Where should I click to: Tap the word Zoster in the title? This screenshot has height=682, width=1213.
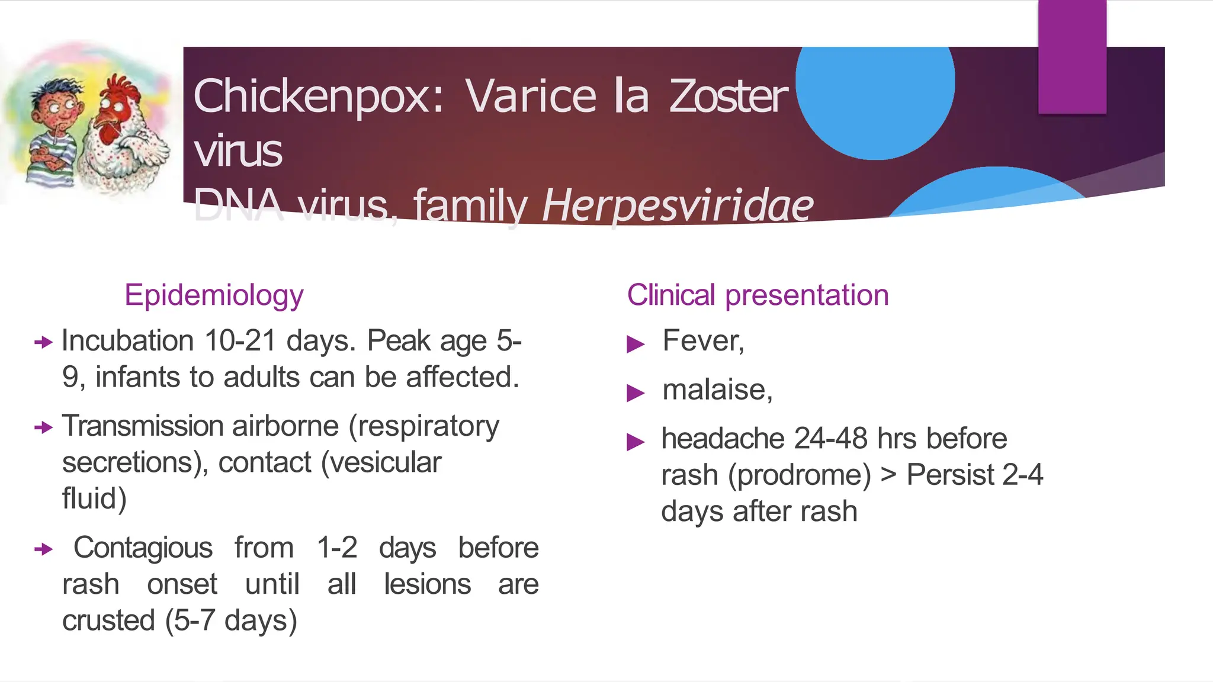(729, 96)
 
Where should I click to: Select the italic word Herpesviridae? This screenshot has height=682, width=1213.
(678, 205)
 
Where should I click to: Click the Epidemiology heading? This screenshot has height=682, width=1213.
(214, 295)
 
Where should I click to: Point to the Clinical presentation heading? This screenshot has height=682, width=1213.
(758, 295)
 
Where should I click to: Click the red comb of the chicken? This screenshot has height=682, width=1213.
(121, 89)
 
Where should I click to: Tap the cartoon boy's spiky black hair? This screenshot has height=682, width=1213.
(56, 89)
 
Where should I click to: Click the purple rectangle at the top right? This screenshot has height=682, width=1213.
(1072, 56)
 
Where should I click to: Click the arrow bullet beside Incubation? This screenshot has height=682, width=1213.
(43, 342)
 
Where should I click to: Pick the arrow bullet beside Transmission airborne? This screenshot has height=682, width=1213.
(43, 427)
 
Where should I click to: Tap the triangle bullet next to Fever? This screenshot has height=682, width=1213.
(635, 343)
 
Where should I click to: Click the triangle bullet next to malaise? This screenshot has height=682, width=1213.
(635, 393)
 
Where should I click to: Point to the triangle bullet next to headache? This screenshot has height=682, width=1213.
(635, 442)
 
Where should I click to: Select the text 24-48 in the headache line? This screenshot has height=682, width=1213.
(831, 439)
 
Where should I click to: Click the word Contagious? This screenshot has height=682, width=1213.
(143, 548)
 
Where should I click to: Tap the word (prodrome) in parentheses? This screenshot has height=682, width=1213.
(800, 475)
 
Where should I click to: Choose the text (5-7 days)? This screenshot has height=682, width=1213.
(231, 621)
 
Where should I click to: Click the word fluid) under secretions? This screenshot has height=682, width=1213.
(94, 498)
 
